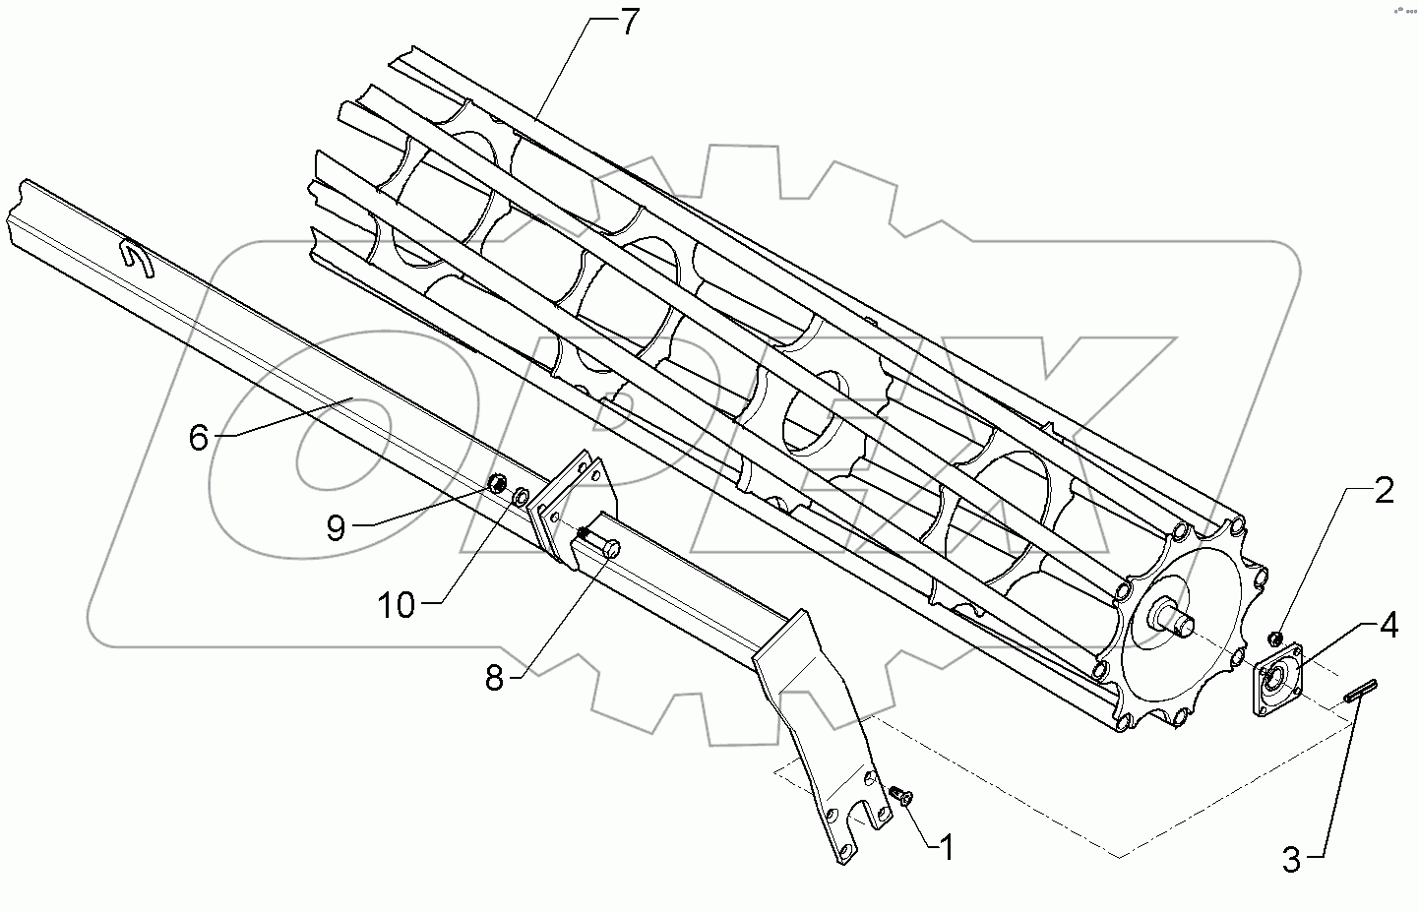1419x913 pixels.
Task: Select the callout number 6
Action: click(199, 438)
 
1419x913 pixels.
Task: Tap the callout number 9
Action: click(337, 528)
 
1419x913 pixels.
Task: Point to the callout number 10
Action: click(398, 605)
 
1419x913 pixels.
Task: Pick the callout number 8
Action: click(494, 678)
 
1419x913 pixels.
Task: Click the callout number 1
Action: click(946, 846)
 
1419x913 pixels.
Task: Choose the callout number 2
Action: click(1383, 492)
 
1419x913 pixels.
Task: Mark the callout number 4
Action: click(1388, 625)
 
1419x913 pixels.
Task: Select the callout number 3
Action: click(1291, 860)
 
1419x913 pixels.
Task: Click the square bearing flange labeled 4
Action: click(1278, 678)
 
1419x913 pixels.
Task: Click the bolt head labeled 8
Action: click(609, 549)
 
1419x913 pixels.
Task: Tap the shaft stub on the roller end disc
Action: click(1176, 618)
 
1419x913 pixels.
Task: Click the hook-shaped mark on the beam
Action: click(135, 260)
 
